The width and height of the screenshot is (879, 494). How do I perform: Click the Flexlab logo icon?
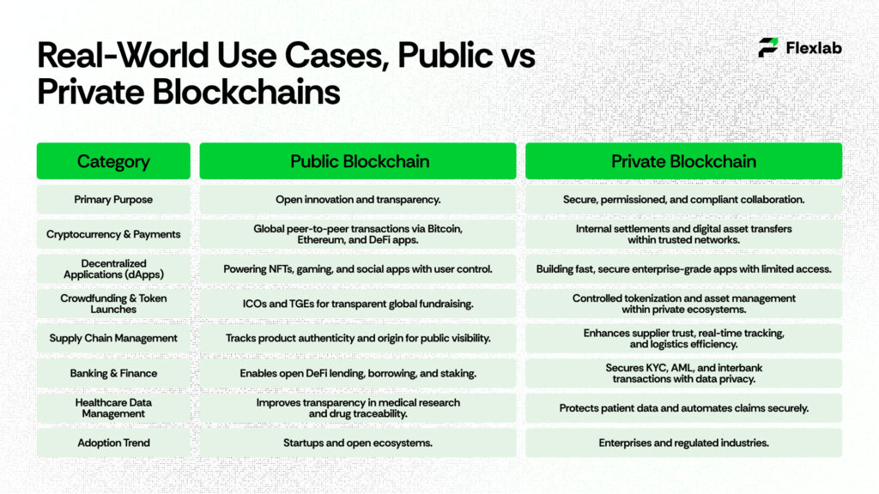click(x=768, y=48)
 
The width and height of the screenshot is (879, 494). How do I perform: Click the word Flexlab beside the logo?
click(x=814, y=48)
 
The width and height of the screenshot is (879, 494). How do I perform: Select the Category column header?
click(x=113, y=161)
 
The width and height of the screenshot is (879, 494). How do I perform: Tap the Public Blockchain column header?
click(x=358, y=161)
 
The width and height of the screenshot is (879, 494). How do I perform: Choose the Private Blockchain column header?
click(x=683, y=161)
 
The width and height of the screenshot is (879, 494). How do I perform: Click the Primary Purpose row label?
click(x=113, y=200)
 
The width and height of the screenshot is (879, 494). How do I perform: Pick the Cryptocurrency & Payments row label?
click(x=113, y=234)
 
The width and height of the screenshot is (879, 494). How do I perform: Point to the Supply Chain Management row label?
click(x=113, y=338)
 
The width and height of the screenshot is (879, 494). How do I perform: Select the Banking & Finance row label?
click(x=113, y=373)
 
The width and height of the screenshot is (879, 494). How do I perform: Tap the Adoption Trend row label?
click(x=113, y=443)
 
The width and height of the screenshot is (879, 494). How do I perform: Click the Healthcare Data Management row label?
click(x=113, y=407)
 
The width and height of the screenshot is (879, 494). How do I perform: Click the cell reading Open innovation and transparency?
click(x=358, y=200)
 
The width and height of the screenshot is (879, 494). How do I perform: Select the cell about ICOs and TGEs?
click(x=358, y=304)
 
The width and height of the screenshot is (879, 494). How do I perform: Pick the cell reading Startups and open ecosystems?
click(x=358, y=443)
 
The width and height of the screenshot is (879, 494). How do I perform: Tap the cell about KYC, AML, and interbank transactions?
click(x=683, y=373)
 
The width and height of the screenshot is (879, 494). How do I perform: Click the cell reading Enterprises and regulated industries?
click(x=683, y=443)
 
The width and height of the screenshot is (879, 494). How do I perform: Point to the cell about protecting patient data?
click(x=683, y=408)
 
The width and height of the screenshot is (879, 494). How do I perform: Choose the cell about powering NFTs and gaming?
click(x=358, y=269)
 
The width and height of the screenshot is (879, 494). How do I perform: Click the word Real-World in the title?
click(x=119, y=57)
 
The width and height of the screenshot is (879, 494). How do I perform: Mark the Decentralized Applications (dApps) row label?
click(x=113, y=268)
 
